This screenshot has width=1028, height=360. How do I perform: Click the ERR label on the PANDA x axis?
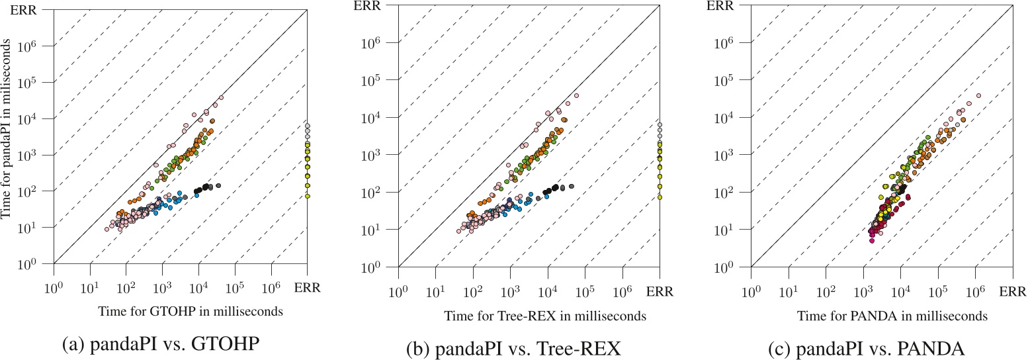tap(1013, 291)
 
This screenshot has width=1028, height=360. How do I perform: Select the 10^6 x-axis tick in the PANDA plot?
tap(976, 289)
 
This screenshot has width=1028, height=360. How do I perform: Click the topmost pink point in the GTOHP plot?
tap(221, 97)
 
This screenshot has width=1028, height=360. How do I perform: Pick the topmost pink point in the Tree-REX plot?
tap(576, 95)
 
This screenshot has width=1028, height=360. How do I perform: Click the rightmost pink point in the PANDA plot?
tap(978, 95)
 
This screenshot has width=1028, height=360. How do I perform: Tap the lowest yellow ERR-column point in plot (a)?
tap(308, 197)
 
